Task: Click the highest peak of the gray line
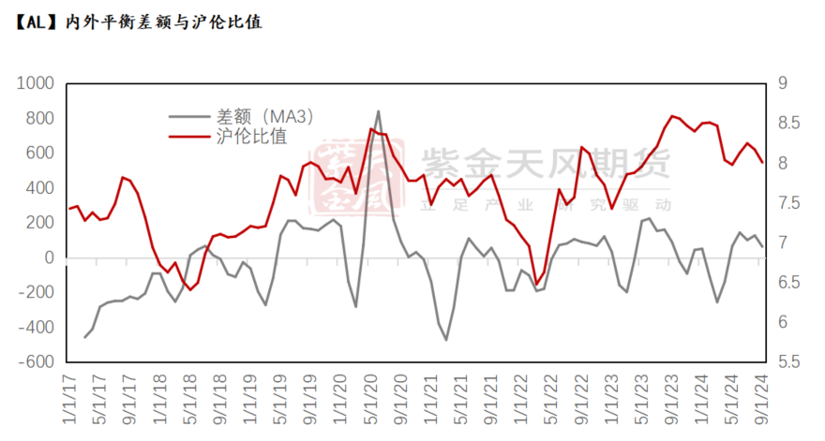378,111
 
